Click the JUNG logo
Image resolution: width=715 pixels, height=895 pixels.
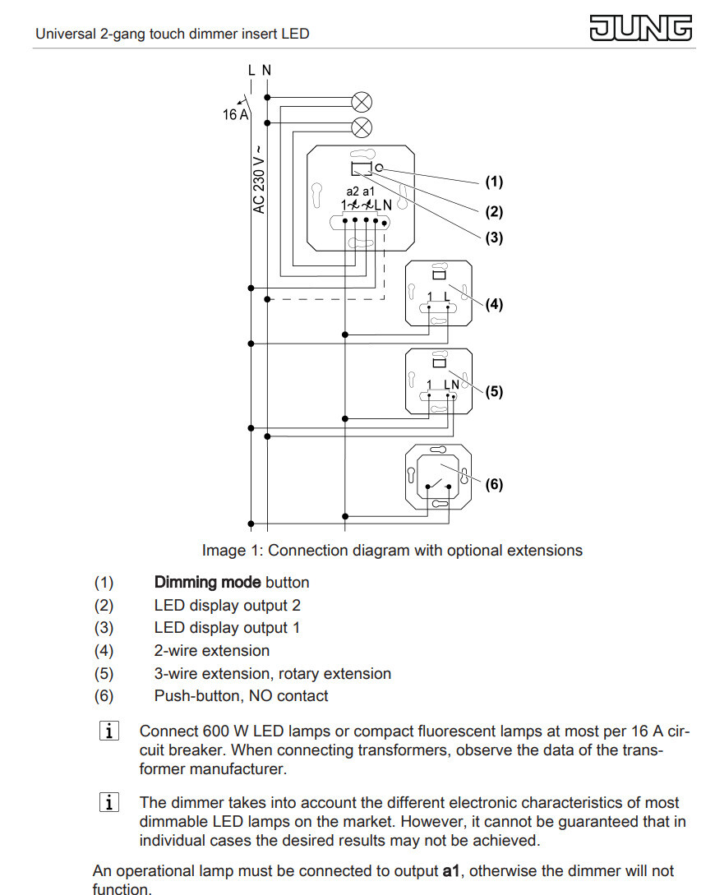641,28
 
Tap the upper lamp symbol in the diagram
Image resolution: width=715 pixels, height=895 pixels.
362,102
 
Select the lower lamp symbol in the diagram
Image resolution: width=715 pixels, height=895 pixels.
362,127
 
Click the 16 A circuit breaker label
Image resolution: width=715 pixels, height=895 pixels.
236,115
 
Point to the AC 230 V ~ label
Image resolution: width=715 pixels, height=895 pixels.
260,178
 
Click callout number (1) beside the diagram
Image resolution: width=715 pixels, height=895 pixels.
494,182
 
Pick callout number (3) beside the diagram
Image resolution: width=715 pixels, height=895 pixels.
494,238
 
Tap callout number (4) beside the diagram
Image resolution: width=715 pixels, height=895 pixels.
494,304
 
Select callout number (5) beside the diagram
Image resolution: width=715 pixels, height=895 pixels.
494,391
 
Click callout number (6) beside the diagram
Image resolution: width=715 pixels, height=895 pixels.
494,485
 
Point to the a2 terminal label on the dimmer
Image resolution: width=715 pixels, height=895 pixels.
353,191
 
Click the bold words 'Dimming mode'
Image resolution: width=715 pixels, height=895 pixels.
208,583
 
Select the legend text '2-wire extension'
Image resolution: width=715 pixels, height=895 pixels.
212,651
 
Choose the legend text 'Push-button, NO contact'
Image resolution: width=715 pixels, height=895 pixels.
242,696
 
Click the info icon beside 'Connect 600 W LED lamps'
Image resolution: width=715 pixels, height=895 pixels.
109,731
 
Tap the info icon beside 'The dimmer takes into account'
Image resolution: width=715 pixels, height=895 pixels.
109,802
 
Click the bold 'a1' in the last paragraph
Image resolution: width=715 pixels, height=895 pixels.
451,871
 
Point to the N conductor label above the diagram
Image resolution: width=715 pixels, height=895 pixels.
266,70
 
